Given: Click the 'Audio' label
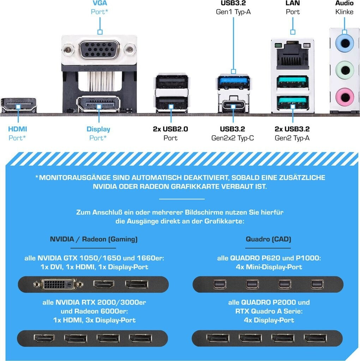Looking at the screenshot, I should (344, 4).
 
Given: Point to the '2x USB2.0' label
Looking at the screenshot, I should (170, 129).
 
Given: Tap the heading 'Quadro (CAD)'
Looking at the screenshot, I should (268, 239).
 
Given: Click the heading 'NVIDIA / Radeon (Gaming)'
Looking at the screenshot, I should (94, 239).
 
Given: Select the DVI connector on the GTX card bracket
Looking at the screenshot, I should (59, 284).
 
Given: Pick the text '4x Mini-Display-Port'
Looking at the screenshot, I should (269, 267).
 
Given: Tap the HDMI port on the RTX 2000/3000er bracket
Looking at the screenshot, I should (44, 338).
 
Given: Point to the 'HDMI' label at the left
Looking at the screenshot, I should (18, 129).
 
